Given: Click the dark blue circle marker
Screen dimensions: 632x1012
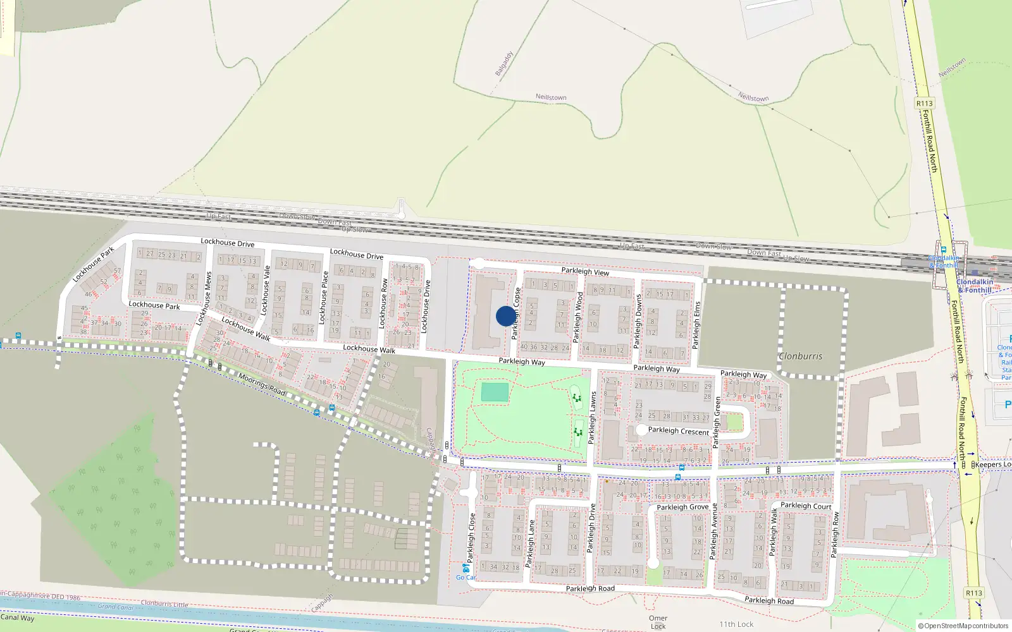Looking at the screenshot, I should (505, 316).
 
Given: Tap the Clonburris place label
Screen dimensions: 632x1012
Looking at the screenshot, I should (800, 356).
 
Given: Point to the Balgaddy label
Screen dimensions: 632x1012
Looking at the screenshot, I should (504, 64).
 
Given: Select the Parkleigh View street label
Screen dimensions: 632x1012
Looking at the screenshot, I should (585, 272).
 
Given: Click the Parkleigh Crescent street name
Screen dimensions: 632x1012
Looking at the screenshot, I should (678, 431).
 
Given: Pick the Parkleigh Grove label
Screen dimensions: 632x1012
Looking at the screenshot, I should (682, 507).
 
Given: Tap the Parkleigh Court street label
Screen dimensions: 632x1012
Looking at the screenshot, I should (805, 506).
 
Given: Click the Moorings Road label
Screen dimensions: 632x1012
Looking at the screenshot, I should (262, 384).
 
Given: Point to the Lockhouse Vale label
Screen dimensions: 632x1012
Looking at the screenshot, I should (264, 291).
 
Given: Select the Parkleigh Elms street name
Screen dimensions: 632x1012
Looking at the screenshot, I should (696, 325).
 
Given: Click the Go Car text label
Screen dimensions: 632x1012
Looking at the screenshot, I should (465, 578).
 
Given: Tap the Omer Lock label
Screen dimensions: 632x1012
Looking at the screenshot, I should (658, 622).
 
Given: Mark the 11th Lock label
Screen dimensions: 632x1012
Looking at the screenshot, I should (736, 624).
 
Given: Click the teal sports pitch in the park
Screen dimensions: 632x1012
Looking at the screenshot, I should (494, 392).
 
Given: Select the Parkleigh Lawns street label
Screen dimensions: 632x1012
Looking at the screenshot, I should (593, 417).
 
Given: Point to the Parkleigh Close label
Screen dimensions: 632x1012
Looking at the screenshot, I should (471, 537).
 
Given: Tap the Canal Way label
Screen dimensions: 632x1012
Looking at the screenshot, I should (17, 618).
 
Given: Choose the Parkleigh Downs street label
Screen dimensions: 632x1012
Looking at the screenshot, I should (638, 321).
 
